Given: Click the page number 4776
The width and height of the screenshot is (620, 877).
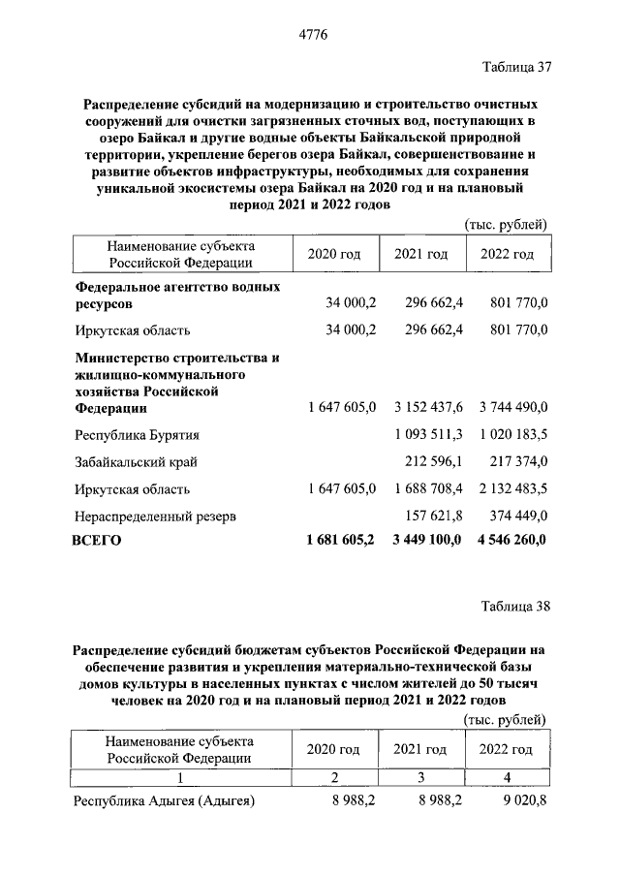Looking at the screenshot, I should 310,36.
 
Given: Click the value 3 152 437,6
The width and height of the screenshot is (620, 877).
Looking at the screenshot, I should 429,408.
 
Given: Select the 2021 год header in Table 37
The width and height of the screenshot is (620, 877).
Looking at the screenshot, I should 420,254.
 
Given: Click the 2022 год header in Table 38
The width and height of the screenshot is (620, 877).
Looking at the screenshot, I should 506,749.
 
